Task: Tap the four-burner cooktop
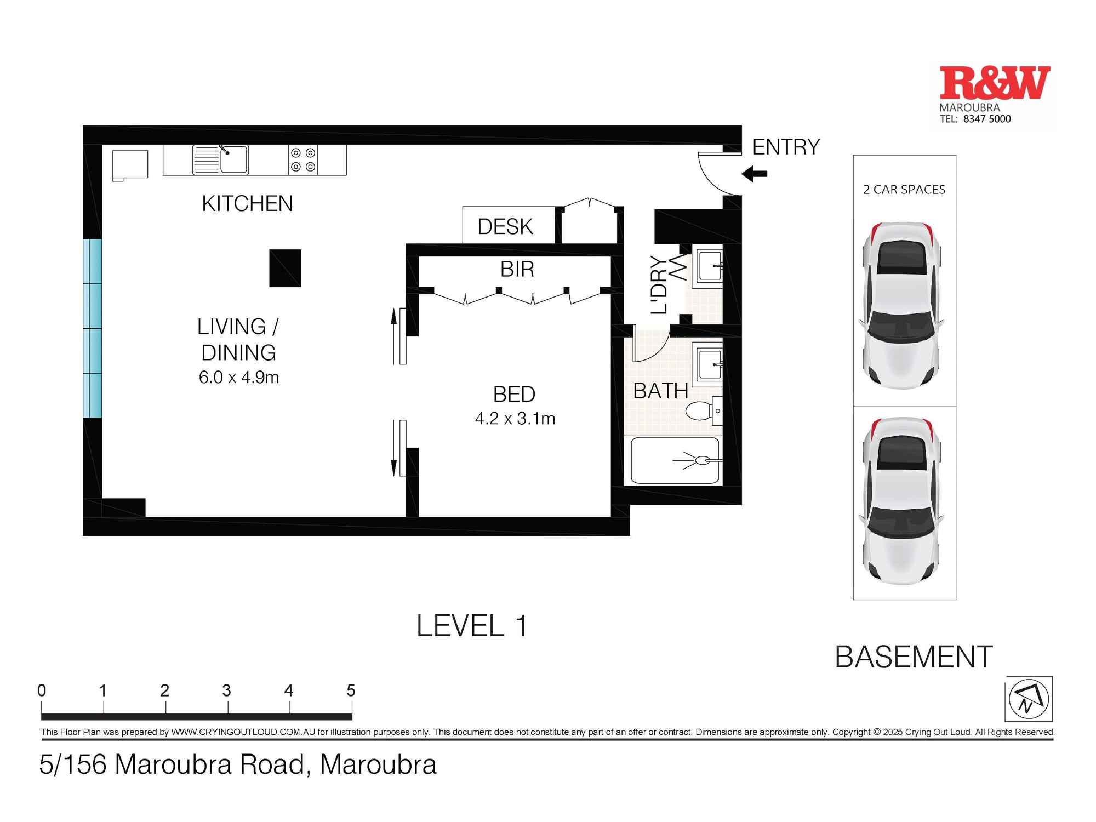pos(302,160)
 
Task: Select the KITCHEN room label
pos(247,204)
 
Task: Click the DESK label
pos(505,227)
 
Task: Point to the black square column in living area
pos(285,268)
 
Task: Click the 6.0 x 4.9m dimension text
pos(239,378)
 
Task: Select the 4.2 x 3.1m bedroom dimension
pos(515,419)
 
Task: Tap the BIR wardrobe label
pos(517,270)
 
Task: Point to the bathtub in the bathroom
pos(675,460)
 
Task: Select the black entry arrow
pos(754,174)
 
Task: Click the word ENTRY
pos(786,147)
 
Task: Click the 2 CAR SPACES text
pos(904,190)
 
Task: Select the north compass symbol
pos(1029,699)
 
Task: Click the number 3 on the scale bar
pos(227,690)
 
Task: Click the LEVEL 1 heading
pos(472,626)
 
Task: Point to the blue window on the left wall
pos(93,328)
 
